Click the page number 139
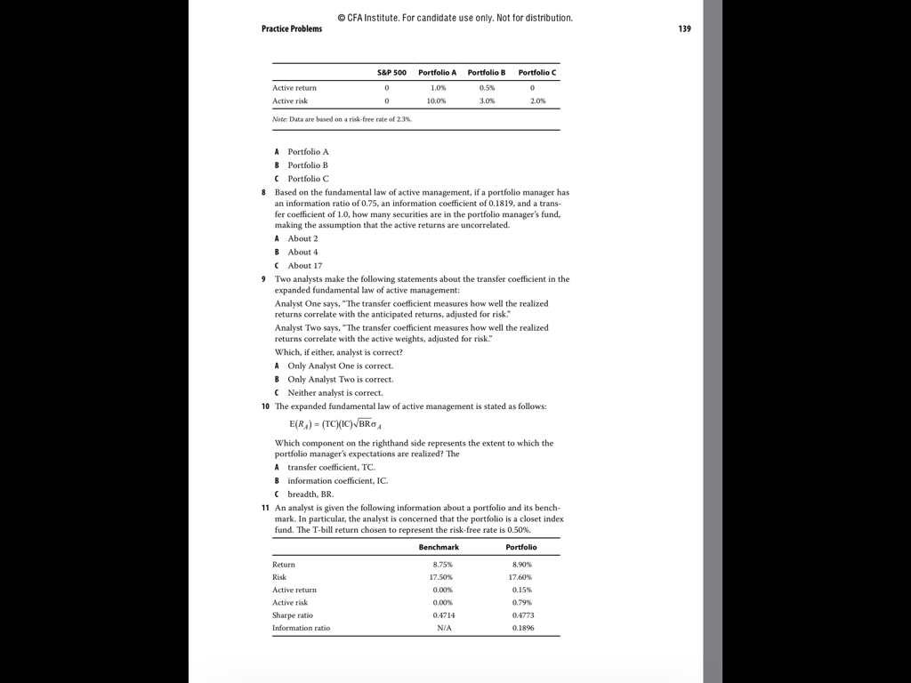[x=684, y=28]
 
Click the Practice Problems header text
[x=292, y=28]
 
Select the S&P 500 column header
[x=391, y=72]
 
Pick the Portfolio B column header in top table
[x=486, y=72]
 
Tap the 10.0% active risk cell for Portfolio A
[x=437, y=101]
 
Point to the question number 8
[x=264, y=192]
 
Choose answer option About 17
[x=304, y=265]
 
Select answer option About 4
[x=302, y=252]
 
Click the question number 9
[x=264, y=279]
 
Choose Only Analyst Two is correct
[x=340, y=379]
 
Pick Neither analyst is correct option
[x=335, y=392]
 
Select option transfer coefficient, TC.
[x=331, y=467]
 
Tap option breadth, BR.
[x=310, y=494]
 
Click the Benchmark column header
[x=439, y=547]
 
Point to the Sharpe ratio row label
[x=293, y=615]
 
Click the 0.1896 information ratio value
[x=523, y=628]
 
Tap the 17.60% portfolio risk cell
[x=521, y=577]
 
